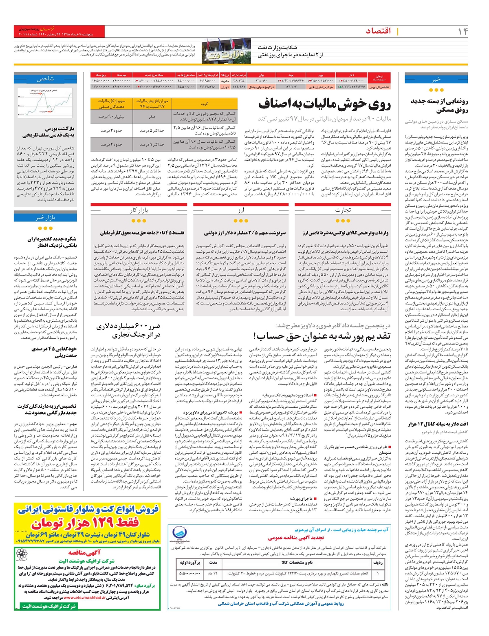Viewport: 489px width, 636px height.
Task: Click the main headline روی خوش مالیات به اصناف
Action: pyautogui.click(x=324, y=105)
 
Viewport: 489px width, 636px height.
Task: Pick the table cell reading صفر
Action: pyautogui.click(x=152, y=117)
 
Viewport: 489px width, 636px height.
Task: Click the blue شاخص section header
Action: pyautogui.click(x=45, y=79)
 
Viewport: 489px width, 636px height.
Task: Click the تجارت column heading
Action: pyautogui.click(x=343, y=210)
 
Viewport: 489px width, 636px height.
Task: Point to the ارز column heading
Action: pyautogui.click(x=241, y=210)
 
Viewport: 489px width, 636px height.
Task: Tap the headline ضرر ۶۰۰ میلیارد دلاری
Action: pyautogui.click(x=128, y=331)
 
